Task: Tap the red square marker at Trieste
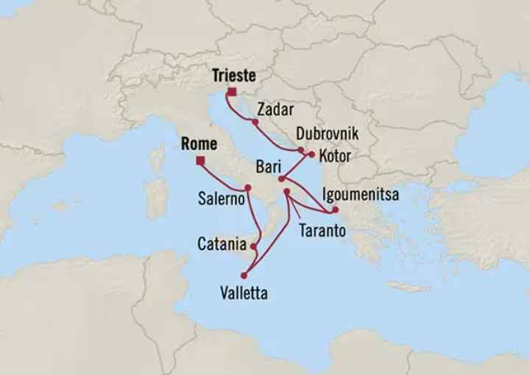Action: pos(231,93)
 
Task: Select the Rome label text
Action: pos(199,145)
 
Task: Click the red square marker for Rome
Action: pos(199,162)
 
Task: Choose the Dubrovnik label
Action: pos(327,134)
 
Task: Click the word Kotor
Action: pos(335,156)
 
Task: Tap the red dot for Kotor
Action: pos(311,155)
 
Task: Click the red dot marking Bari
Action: pos(281,178)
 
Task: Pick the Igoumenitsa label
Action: pos(360,195)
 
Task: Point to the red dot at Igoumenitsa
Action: pos(335,210)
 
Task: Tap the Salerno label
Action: pos(220,199)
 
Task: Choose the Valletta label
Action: pos(244,293)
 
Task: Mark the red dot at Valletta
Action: pos(244,276)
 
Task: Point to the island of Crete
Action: pos(408,287)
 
